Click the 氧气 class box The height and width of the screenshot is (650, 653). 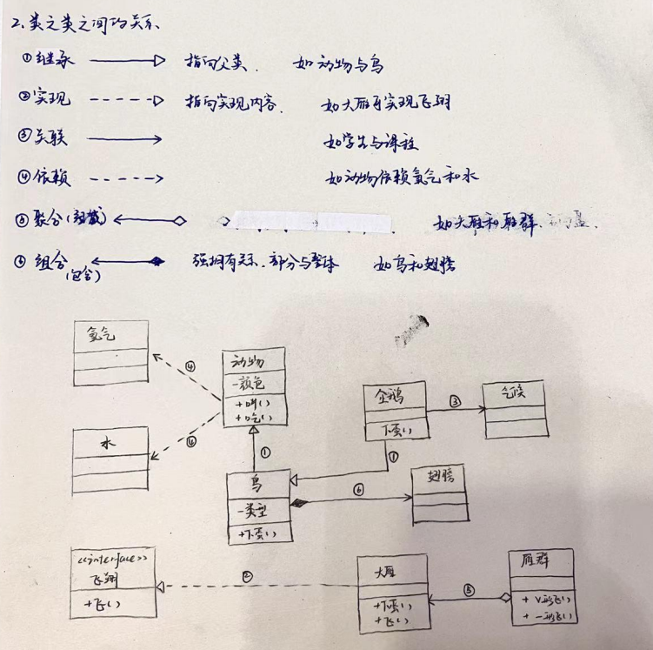click(110, 353)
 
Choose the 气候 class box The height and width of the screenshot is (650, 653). click(515, 409)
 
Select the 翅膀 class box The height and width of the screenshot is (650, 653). click(439, 493)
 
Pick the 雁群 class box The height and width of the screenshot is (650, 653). click(542, 587)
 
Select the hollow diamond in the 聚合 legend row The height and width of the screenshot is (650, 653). click(179, 221)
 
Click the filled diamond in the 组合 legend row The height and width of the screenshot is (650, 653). click(157, 260)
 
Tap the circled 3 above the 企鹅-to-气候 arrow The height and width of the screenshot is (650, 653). click(455, 402)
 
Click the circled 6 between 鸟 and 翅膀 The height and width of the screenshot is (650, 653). click(358, 489)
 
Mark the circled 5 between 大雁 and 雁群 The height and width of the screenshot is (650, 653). click(470, 589)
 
